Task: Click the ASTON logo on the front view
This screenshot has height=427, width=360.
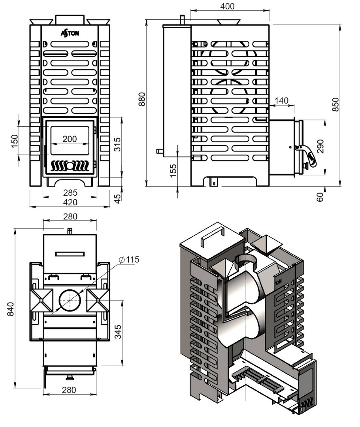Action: [x=70, y=33]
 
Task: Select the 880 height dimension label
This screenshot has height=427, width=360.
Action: [x=142, y=99]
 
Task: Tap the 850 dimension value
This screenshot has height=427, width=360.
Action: [x=335, y=104]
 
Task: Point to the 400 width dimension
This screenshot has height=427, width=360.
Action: [x=227, y=6]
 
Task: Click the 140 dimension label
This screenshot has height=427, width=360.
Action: [x=281, y=100]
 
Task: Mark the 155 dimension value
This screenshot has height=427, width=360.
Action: [x=173, y=170]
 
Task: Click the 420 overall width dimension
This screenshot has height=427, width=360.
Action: [x=70, y=202]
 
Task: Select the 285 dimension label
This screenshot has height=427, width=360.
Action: [x=70, y=193]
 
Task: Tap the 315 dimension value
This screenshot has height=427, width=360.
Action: [x=117, y=145]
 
